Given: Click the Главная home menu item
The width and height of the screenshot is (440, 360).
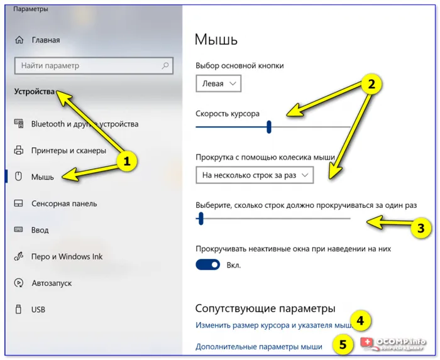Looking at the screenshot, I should [45, 40].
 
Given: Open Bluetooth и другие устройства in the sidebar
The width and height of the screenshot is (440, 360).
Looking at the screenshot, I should [84, 124].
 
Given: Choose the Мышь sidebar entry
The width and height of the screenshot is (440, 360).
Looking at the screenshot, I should [43, 177].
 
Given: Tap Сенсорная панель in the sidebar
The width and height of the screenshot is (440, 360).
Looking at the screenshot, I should [64, 204].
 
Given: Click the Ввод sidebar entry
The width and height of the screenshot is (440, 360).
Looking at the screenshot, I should [40, 230].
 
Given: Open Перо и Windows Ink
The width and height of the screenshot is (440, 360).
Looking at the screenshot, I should [67, 256].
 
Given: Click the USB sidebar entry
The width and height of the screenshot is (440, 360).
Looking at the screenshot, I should [38, 310].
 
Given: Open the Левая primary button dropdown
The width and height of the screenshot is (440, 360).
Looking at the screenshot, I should [218, 84].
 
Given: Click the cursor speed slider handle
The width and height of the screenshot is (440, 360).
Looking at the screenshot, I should [269, 127].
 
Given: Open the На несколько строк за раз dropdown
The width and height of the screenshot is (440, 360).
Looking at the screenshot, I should [254, 175].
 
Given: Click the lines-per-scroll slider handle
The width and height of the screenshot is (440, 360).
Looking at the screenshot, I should [201, 218].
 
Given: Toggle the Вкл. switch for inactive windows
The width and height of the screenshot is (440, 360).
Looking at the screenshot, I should [207, 265].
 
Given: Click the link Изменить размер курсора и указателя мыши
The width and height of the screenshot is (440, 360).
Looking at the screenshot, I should [273, 325].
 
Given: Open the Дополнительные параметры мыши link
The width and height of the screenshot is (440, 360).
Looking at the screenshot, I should [258, 346].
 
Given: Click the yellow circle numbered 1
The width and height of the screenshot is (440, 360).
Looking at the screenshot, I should [127, 161].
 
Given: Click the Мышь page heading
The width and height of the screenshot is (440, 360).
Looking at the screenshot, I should [216, 40].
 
